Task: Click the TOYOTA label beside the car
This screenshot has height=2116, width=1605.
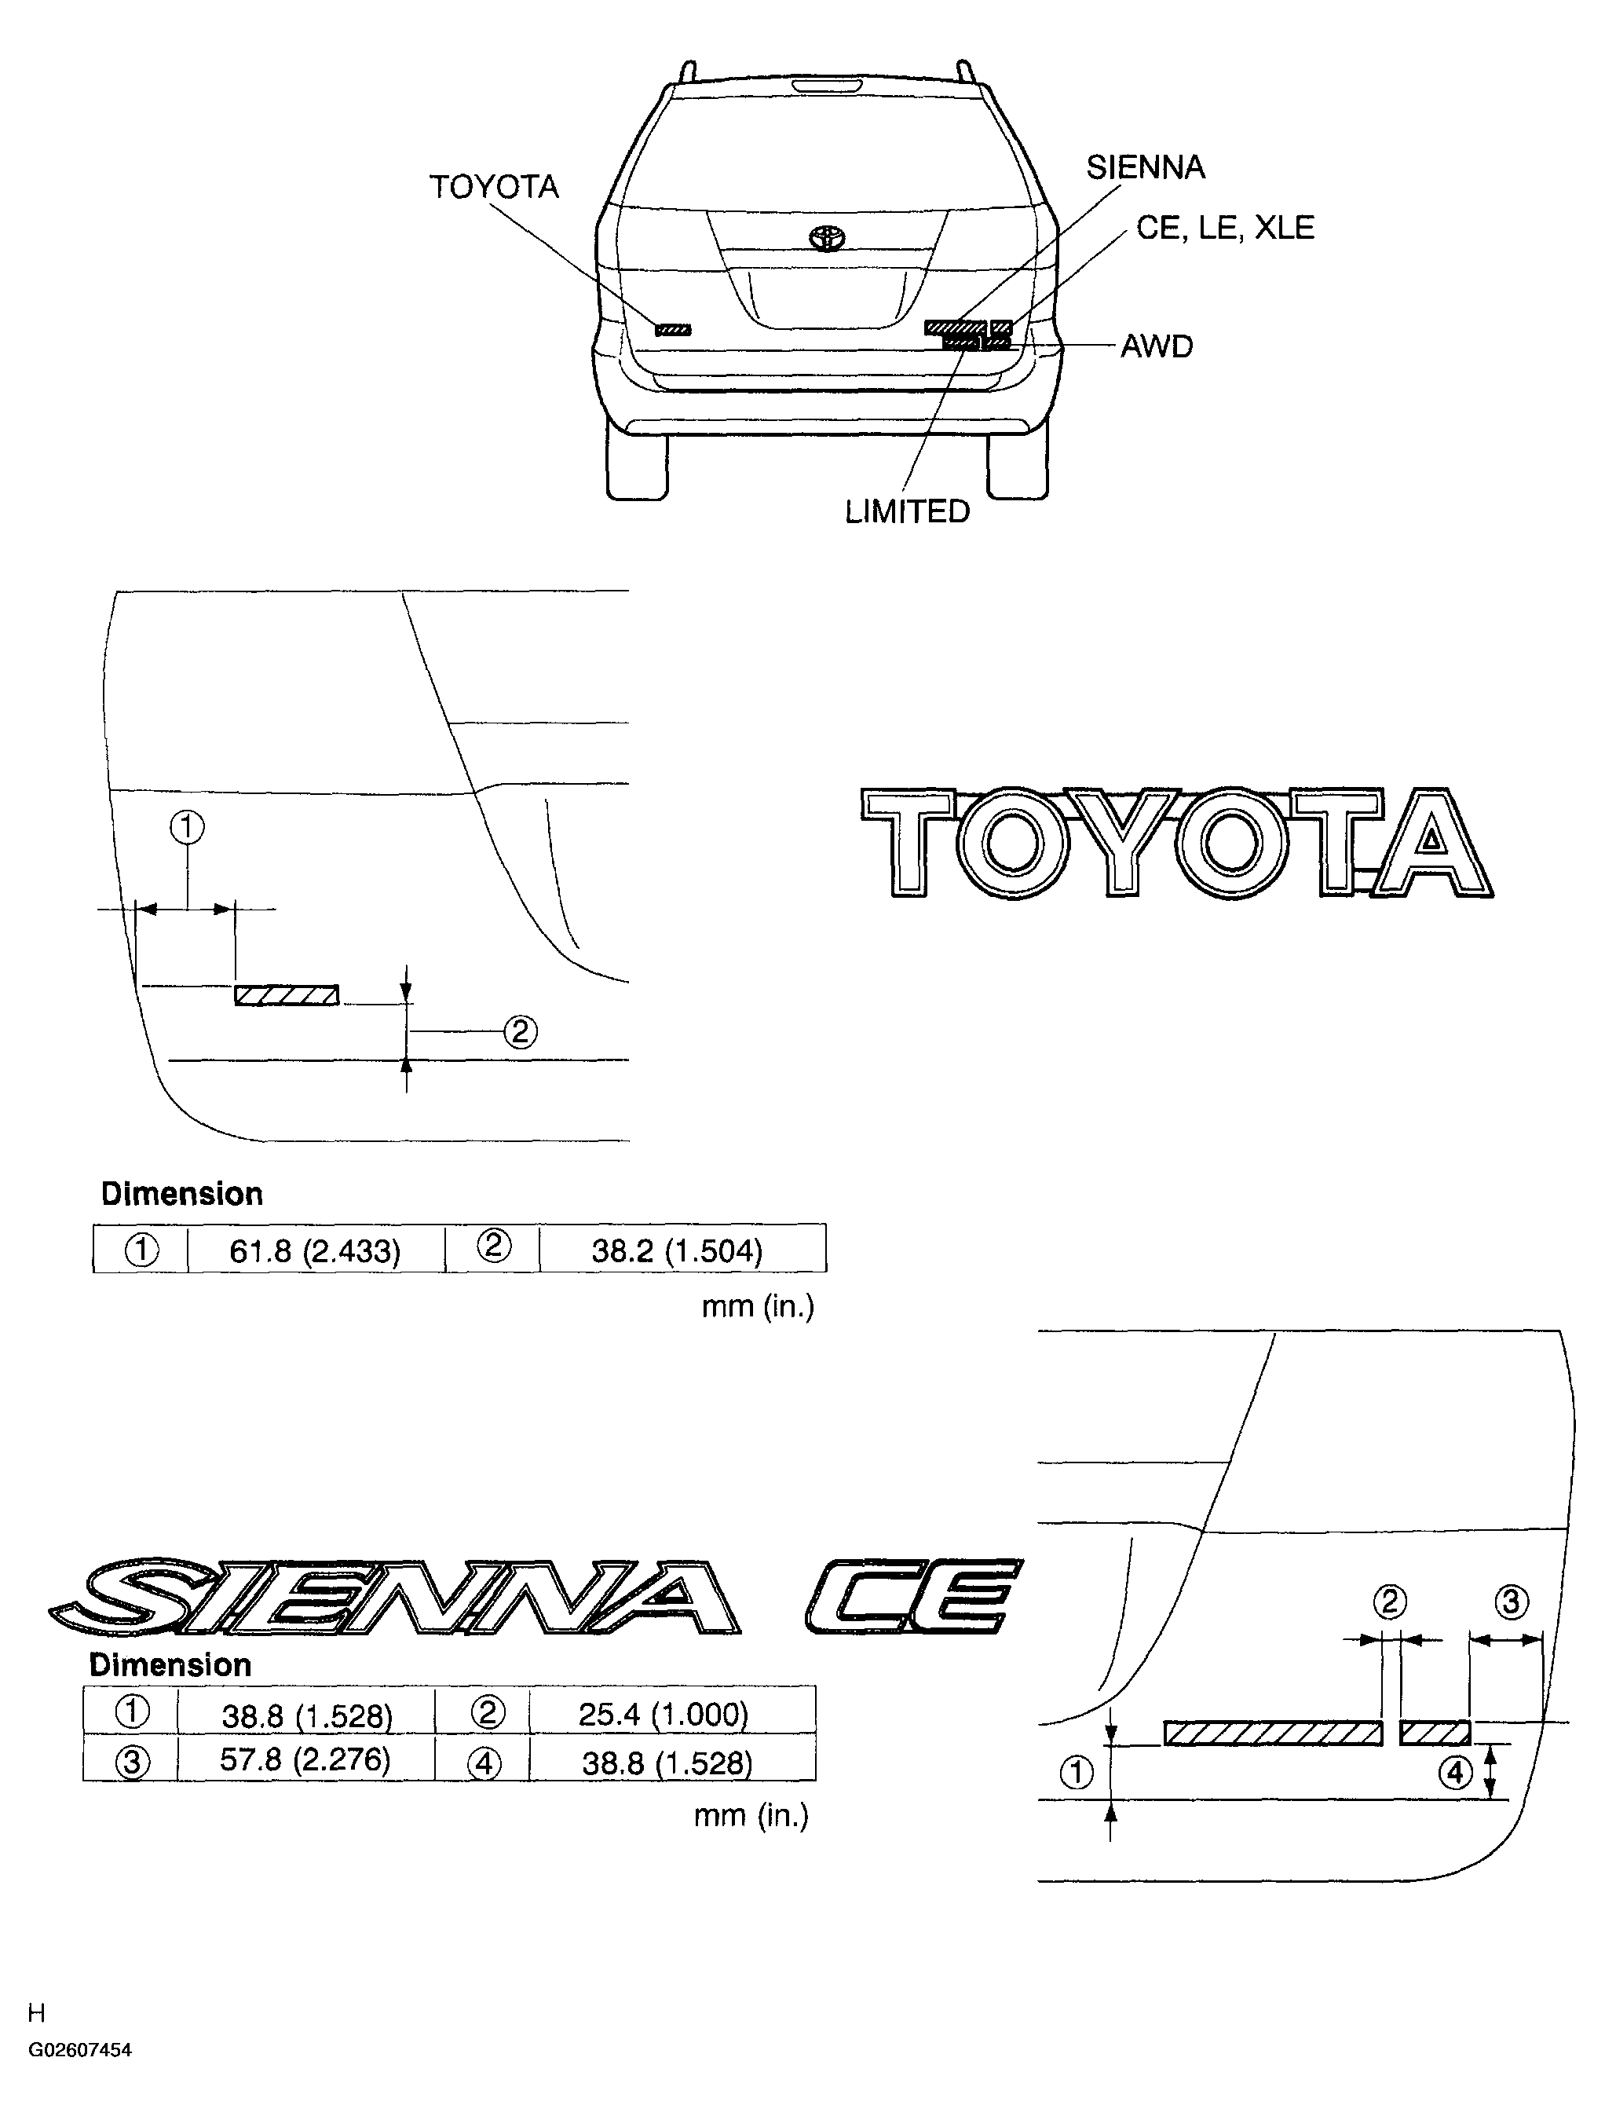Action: tap(494, 186)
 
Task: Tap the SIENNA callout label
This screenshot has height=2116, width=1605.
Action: tap(1145, 167)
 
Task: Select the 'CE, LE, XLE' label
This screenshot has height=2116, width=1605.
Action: tap(1225, 228)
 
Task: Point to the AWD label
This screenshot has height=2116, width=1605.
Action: tap(1157, 346)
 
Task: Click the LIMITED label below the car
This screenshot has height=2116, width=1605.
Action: tap(907, 512)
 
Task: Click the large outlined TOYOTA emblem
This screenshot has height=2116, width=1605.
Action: tap(1176, 843)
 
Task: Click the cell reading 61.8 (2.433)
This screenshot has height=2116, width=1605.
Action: tap(315, 1251)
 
